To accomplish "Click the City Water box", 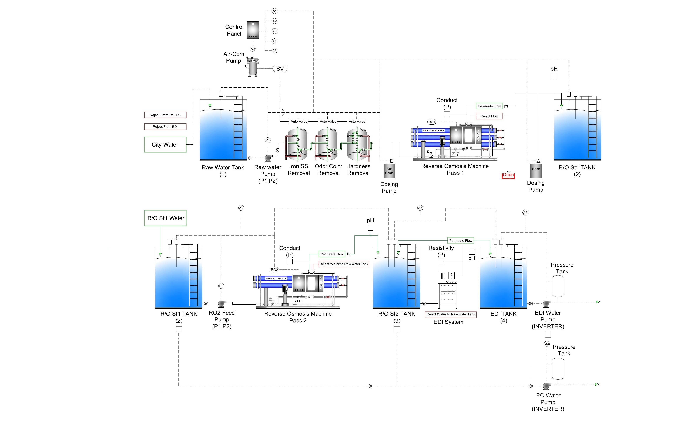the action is pyautogui.click(x=165, y=145).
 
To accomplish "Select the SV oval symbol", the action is pyautogui.click(x=280, y=69).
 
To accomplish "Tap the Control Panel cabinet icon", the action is pyautogui.click(x=252, y=30).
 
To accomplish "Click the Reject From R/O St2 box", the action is pyautogui.click(x=165, y=115).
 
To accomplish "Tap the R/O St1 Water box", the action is pyautogui.click(x=166, y=218).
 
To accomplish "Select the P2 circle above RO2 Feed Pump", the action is pyautogui.click(x=221, y=286).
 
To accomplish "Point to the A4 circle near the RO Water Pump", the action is pyautogui.click(x=547, y=344).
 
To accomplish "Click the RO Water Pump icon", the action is pyautogui.click(x=546, y=386).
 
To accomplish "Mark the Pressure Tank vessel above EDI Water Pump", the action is pyautogui.click(x=558, y=286).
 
